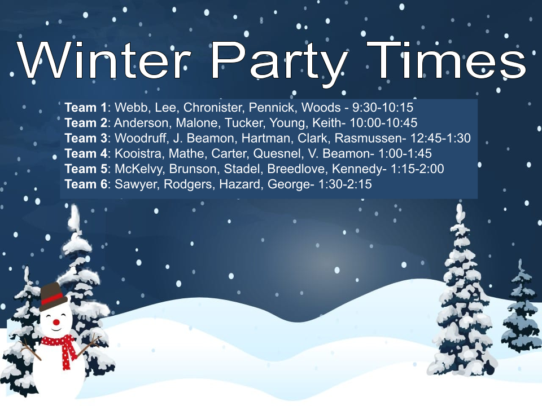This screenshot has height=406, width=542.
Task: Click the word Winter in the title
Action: tap(104, 60)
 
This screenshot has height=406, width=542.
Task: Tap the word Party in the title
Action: tap(278, 64)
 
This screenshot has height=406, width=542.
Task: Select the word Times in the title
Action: tap(446, 60)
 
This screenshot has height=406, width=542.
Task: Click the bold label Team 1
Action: tap(85, 107)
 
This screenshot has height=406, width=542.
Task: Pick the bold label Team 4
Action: tap(86, 153)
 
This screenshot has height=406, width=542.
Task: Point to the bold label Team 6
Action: tap(86, 184)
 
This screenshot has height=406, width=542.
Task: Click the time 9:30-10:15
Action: tap(383, 107)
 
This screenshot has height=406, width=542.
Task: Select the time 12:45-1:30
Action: tap(440, 138)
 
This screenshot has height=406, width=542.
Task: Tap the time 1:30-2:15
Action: tap(344, 184)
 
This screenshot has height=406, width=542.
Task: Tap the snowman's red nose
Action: tap(56, 322)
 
